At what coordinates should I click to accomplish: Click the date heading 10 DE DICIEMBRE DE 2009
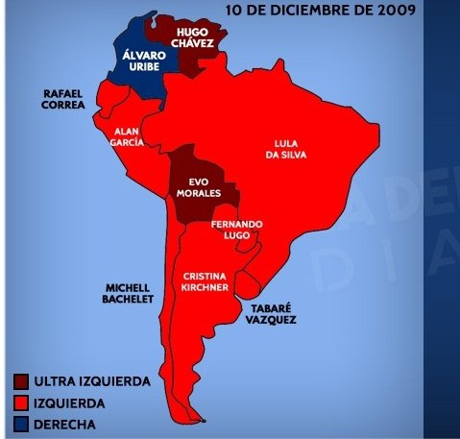point(319,12)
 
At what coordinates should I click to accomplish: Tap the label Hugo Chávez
point(192,38)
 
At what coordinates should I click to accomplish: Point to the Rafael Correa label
point(63,99)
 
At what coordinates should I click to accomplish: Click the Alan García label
point(129,135)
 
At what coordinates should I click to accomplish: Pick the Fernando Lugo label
point(236,231)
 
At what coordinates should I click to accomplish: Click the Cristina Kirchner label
point(204,280)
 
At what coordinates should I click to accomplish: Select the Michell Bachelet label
point(128,293)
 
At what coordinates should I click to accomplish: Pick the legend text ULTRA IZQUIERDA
point(94,381)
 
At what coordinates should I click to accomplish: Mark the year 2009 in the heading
point(395,12)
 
